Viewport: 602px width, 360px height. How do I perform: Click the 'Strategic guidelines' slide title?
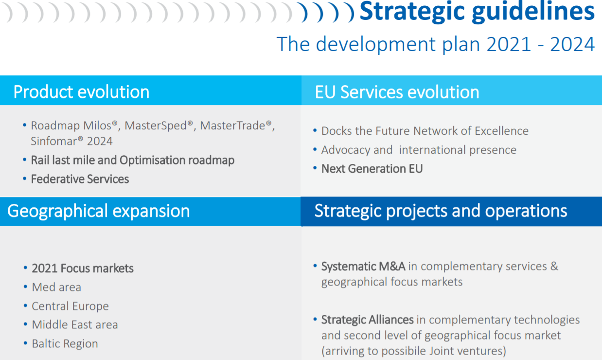click(477, 12)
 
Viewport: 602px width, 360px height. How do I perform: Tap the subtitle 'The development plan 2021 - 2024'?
click(436, 44)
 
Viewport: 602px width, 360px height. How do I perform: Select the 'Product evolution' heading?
click(81, 92)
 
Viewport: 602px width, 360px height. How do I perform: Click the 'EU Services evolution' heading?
click(397, 92)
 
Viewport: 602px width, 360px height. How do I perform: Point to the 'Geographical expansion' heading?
click(99, 211)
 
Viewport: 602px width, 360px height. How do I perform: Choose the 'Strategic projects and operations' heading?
click(441, 211)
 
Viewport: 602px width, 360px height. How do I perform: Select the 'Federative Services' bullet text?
click(80, 179)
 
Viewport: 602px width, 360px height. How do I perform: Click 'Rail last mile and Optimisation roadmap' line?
click(132, 160)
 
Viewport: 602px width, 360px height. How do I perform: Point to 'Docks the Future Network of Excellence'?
click(425, 131)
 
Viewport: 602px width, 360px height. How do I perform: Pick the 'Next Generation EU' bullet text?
click(372, 169)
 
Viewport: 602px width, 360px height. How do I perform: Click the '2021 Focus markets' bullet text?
click(83, 269)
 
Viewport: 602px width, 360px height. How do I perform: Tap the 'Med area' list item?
click(56, 287)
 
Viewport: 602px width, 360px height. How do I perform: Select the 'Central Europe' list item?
click(70, 306)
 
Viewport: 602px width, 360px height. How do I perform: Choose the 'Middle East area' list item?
click(75, 325)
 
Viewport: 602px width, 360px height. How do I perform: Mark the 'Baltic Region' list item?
click(65, 344)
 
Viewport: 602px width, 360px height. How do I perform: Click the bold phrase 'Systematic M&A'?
click(363, 267)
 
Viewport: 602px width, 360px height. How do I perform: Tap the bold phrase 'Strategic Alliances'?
click(368, 320)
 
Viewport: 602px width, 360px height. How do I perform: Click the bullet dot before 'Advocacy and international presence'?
click(315, 149)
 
